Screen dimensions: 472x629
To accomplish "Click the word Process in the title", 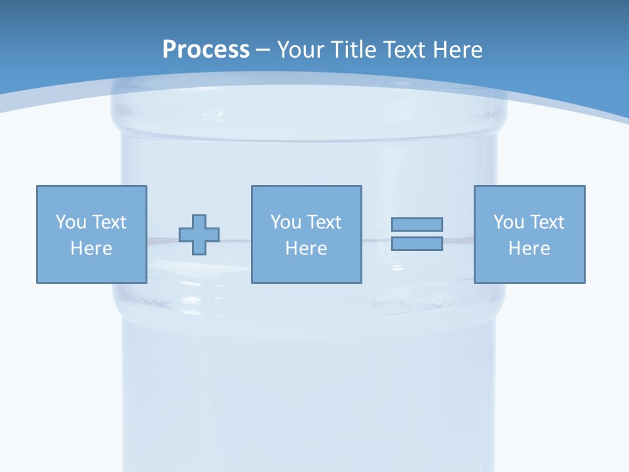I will coord(206,50).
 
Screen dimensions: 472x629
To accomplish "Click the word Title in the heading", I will coord(353,50).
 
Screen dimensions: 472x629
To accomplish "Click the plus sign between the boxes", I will coord(199,234).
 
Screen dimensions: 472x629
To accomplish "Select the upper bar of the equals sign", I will coord(417,224).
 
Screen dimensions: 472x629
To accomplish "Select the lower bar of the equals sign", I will coord(417,243).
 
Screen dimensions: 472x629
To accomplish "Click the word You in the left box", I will coord(71,222).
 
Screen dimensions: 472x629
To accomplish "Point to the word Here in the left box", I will coord(92,248).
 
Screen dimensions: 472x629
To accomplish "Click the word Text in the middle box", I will coord(324,222).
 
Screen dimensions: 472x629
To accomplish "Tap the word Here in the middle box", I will coord(306,248).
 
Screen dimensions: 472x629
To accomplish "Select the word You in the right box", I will coord(508,222).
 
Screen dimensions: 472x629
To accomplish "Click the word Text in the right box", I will coord(546,222).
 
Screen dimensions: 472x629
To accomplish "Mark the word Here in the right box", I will coord(529,248).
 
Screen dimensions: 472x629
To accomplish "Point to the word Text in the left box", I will coord(109,222).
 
